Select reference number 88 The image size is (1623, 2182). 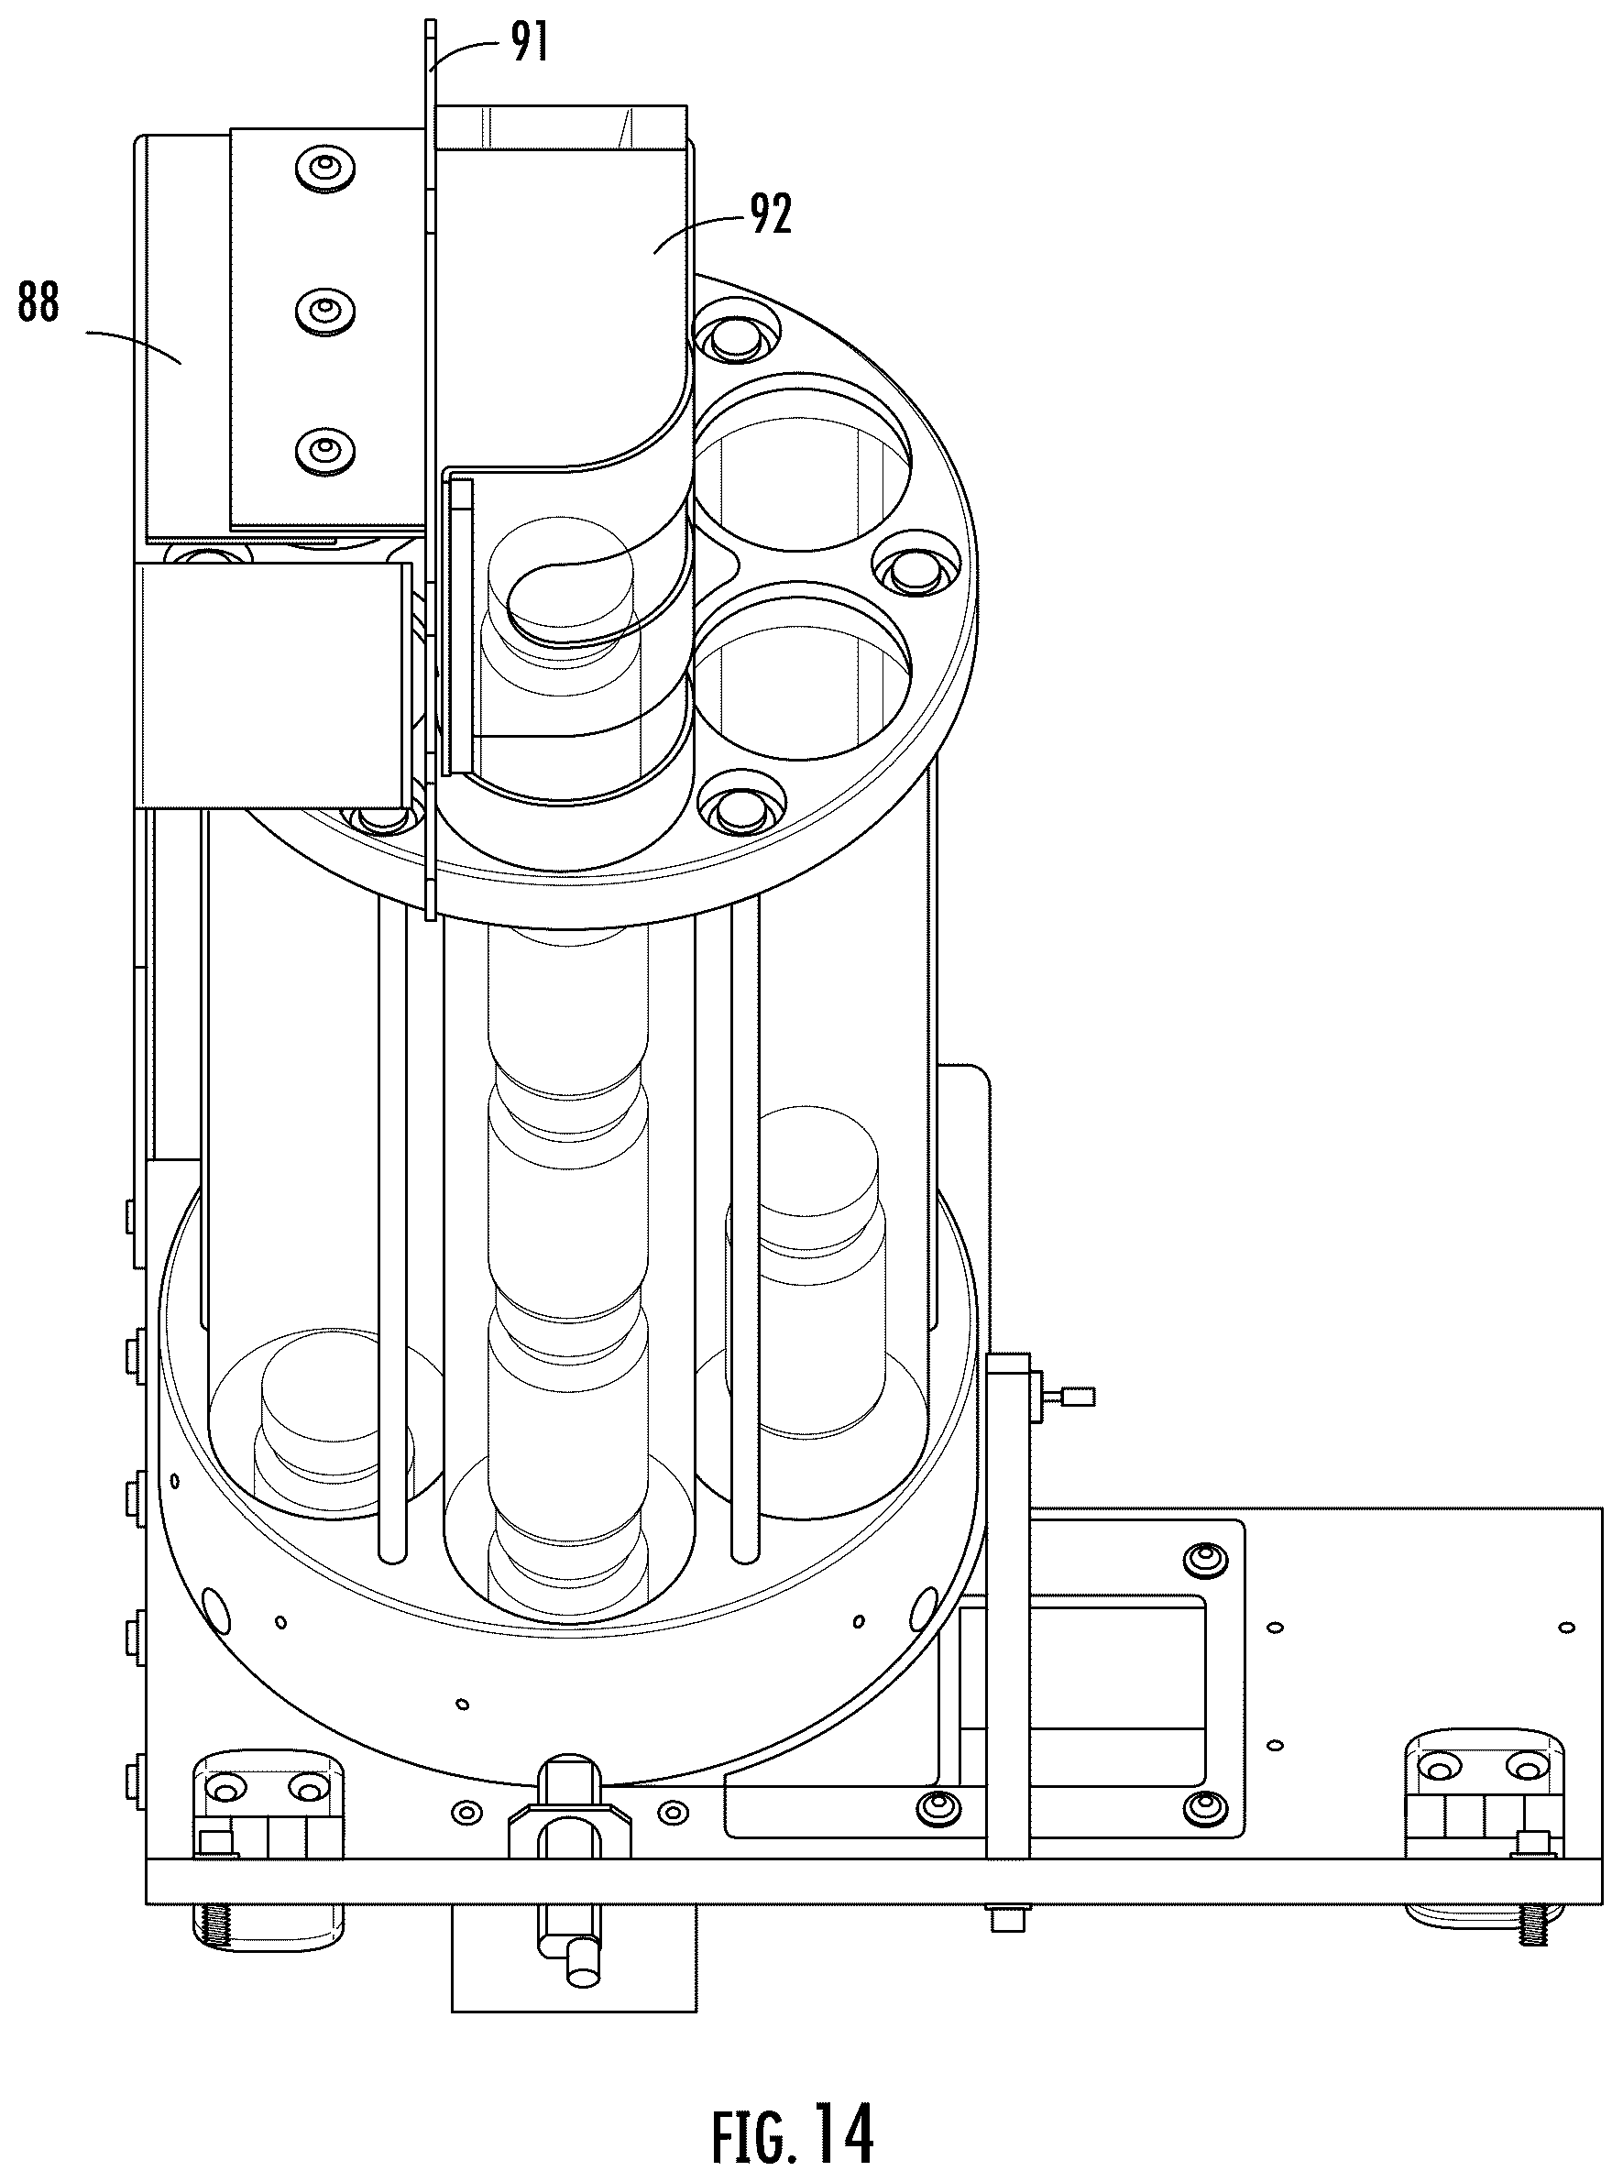click(38, 302)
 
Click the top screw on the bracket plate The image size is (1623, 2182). click(324, 168)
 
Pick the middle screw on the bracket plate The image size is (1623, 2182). click(324, 312)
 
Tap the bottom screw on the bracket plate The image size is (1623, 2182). click(324, 451)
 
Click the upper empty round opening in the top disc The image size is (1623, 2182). click(801, 458)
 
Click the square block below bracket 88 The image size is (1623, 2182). click(272, 685)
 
